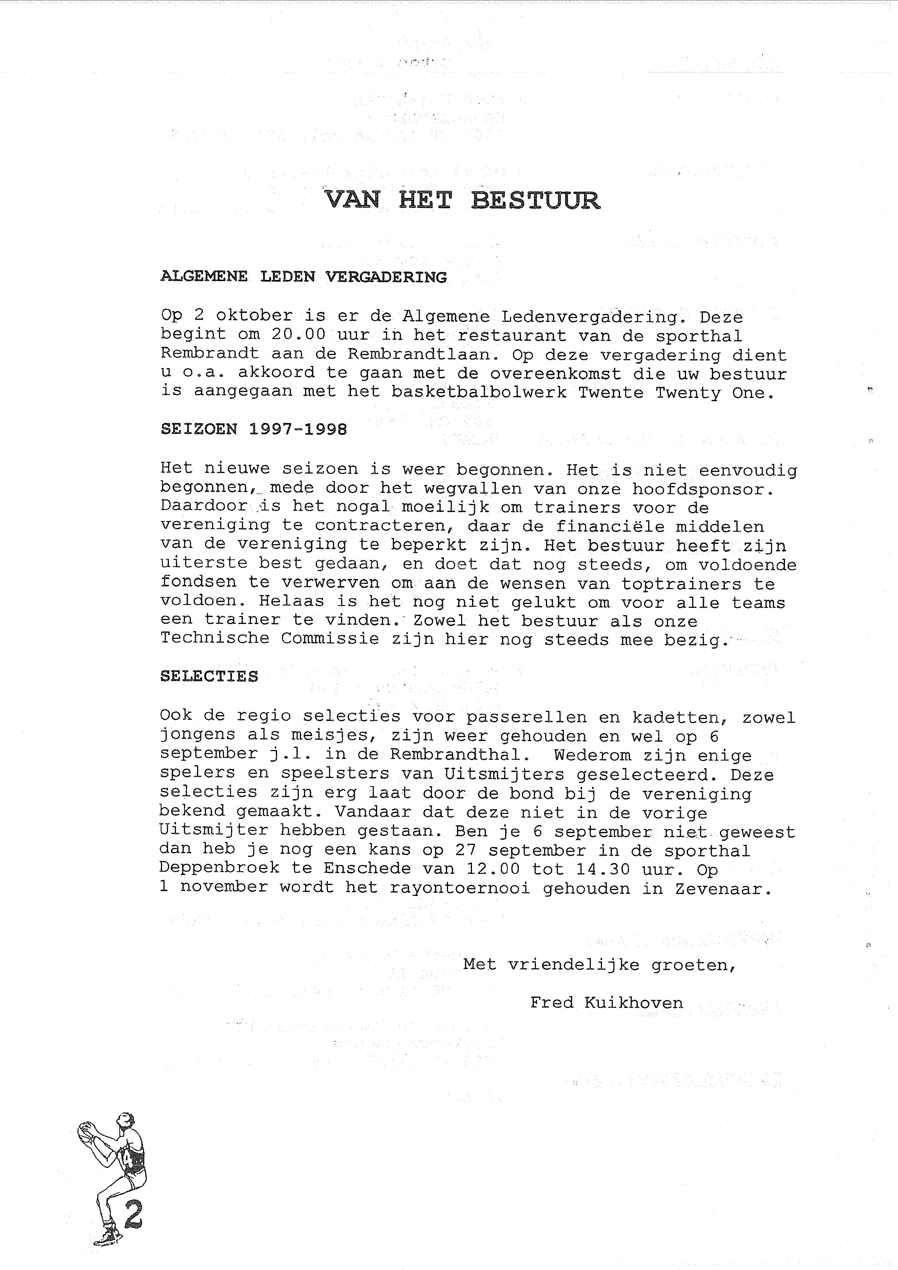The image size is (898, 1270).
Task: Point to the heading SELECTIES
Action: tap(209, 676)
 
